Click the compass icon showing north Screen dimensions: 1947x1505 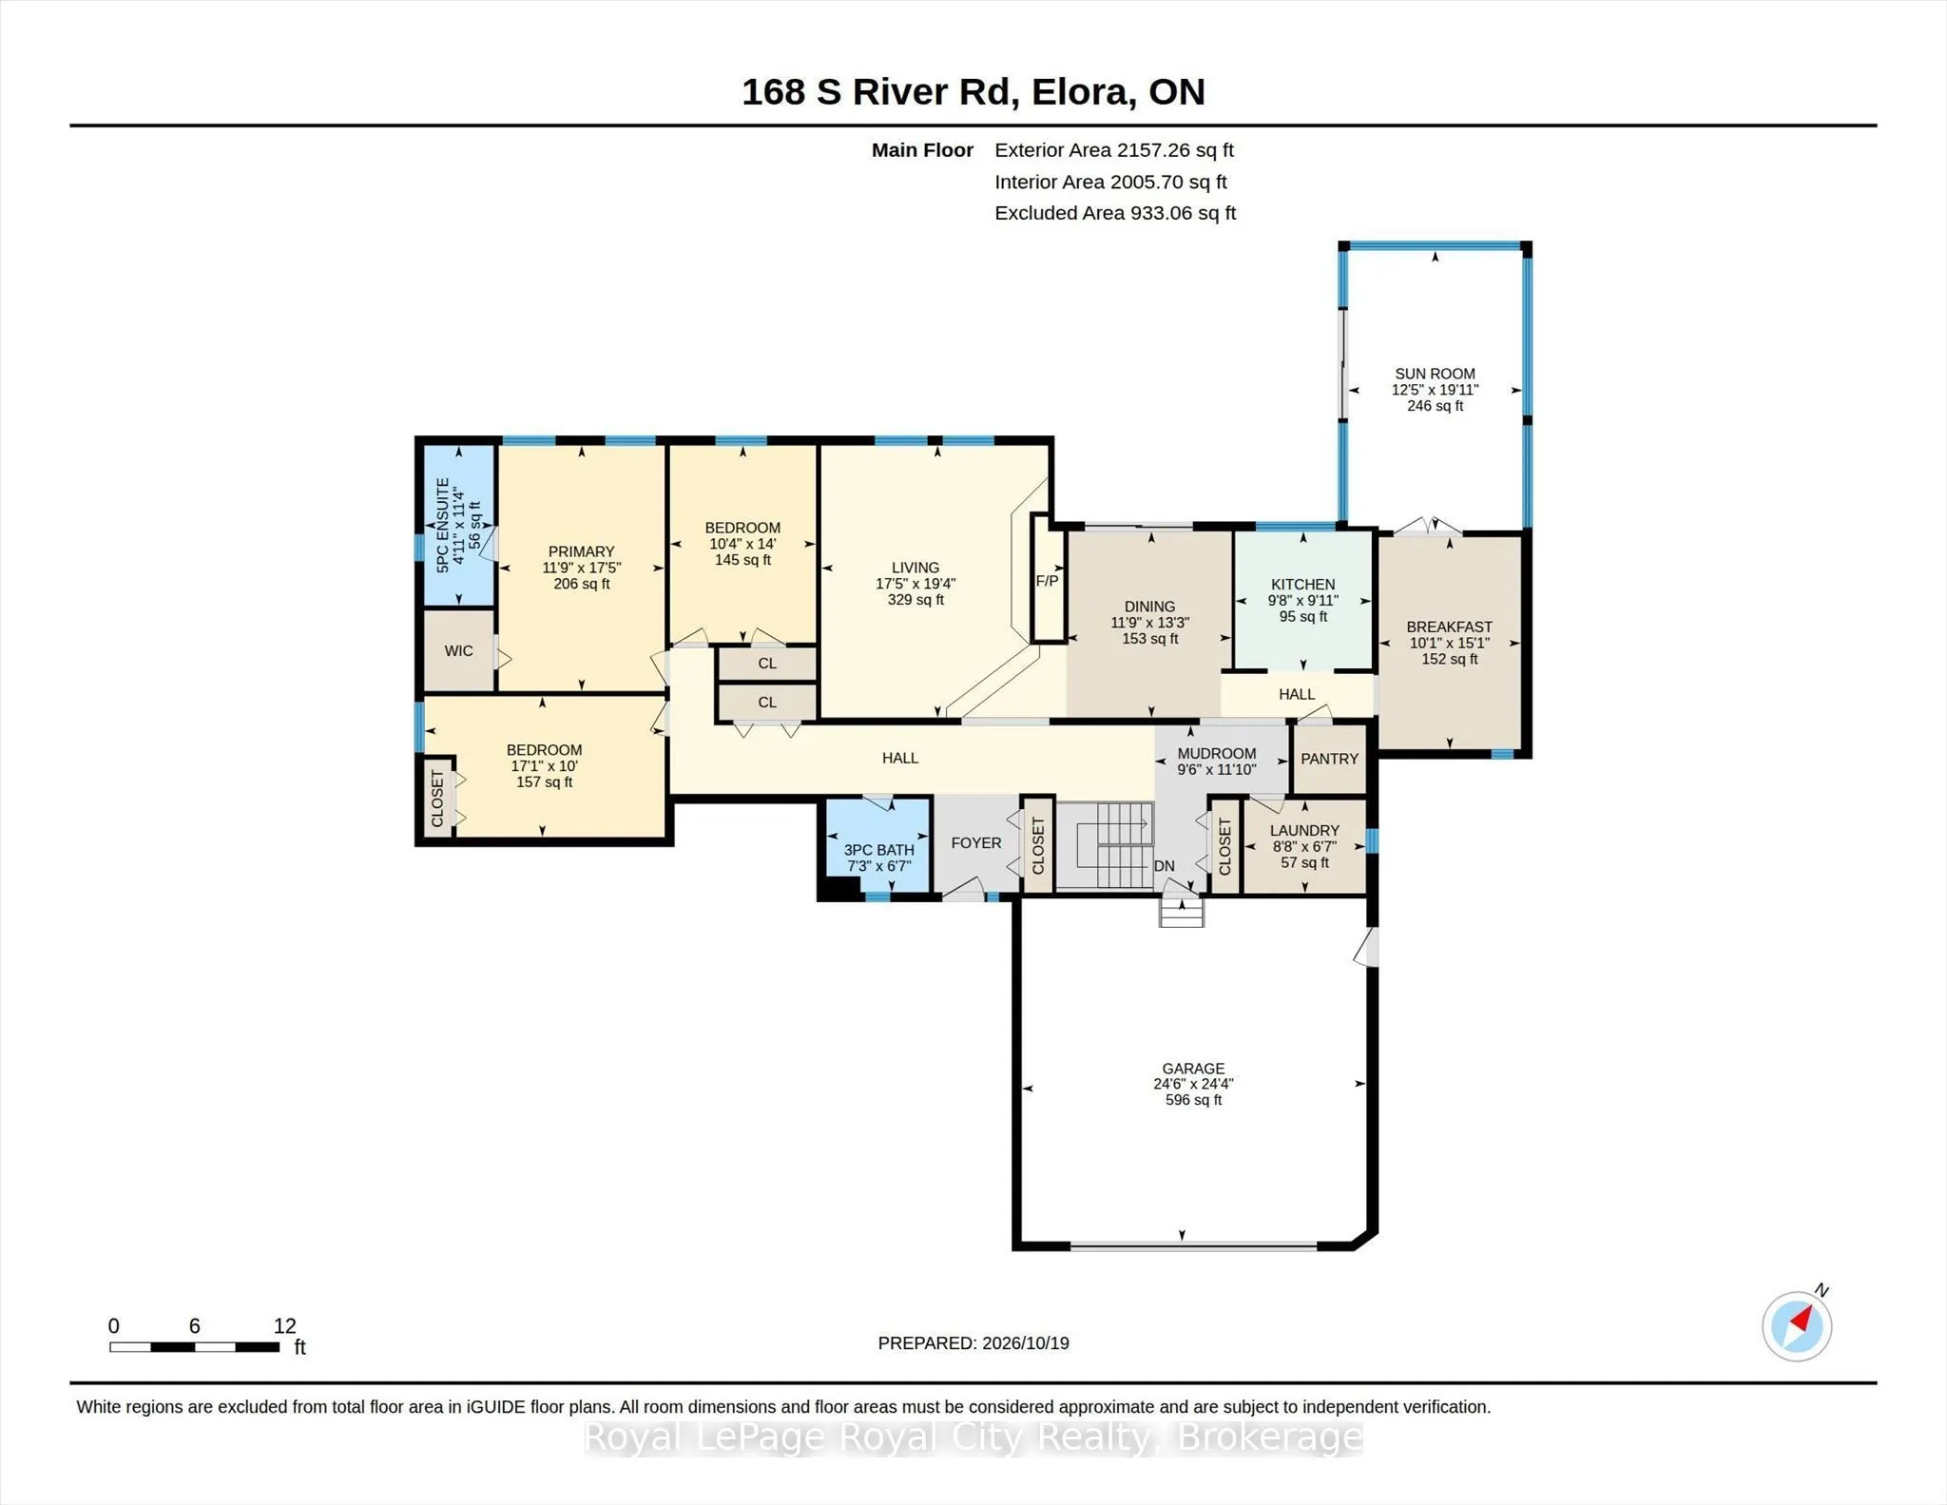pyautogui.click(x=1797, y=1326)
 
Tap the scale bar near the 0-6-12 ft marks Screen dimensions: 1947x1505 pyautogui.click(x=194, y=1346)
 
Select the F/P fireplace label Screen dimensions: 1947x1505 pyautogui.click(x=1047, y=581)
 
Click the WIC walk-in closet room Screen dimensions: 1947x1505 pyautogui.click(x=458, y=651)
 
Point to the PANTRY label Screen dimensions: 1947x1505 pyautogui.click(x=1329, y=759)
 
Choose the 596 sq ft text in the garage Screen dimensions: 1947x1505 pyautogui.click(x=1193, y=1100)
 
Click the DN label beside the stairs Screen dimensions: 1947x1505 pyautogui.click(x=1165, y=866)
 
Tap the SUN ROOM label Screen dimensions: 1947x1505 pyautogui.click(x=1435, y=374)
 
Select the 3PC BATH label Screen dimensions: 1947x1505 pyautogui.click(x=879, y=850)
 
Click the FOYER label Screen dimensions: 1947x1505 pyautogui.click(x=976, y=843)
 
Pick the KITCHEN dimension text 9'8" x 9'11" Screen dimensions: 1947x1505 pyautogui.click(x=1302, y=601)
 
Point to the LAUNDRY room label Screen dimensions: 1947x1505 pyautogui.click(x=1304, y=831)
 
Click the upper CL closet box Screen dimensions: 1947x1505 pyautogui.click(x=767, y=664)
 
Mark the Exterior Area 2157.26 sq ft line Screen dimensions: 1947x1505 pyautogui.click(x=1113, y=150)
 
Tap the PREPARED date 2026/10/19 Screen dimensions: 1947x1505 pyautogui.click(x=1025, y=1343)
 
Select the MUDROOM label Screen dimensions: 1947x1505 pyautogui.click(x=1217, y=754)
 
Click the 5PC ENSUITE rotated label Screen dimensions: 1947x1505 pyautogui.click(x=442, y=525)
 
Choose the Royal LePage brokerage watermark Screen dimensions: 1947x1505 pyautogui.click(x=973, y=1437)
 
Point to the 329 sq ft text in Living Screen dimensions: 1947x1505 pyautogui.click(x=916, y=600)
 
